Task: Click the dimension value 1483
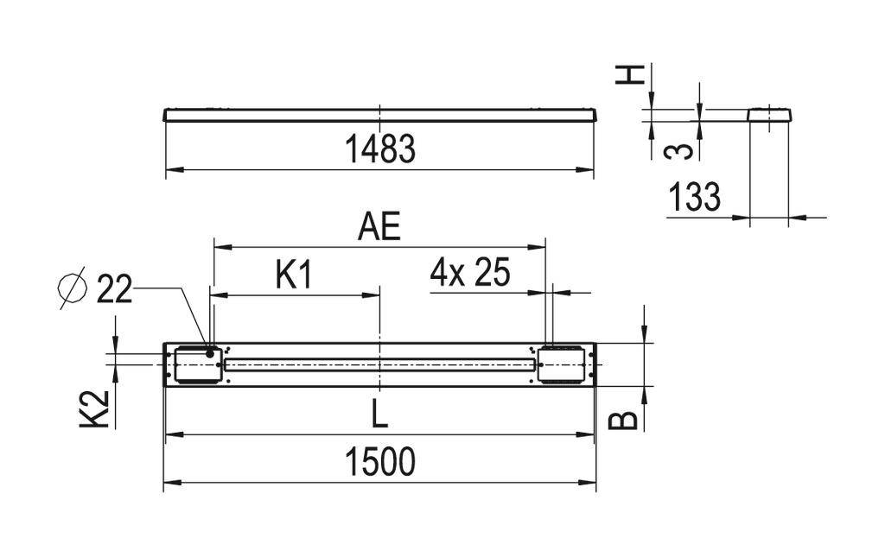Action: (380, 149)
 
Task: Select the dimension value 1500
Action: (380, 462)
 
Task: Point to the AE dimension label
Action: (379, 227)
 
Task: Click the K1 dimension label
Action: (293, 275)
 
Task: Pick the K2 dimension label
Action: (100, 408)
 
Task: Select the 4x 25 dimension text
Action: (470, 274)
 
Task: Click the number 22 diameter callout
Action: (114, 289)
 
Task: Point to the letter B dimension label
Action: (628, 420)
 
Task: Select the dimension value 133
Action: (694, 198)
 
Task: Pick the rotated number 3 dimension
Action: (682, 151)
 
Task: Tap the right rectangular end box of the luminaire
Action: (562, 364)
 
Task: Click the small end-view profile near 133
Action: (768, 114)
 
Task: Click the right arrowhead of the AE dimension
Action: (541, 246)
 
